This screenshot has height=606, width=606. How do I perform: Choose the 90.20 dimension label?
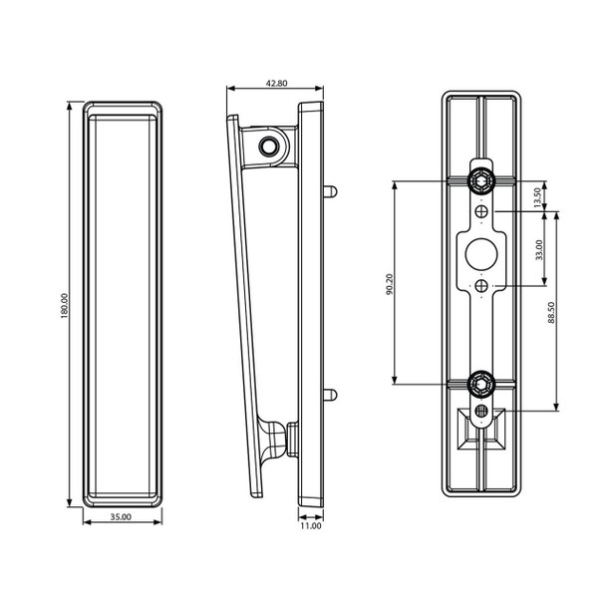[389, 283]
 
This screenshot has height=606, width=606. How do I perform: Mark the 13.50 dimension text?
[539, 195]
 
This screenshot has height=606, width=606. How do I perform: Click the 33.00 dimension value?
[539, 248]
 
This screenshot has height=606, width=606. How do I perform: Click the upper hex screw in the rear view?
[481, 181]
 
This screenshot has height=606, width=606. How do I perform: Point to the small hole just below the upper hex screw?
[481, 211]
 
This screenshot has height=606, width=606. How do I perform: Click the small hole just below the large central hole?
[481, 286]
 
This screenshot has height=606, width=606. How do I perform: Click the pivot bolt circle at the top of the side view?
[268, 146]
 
